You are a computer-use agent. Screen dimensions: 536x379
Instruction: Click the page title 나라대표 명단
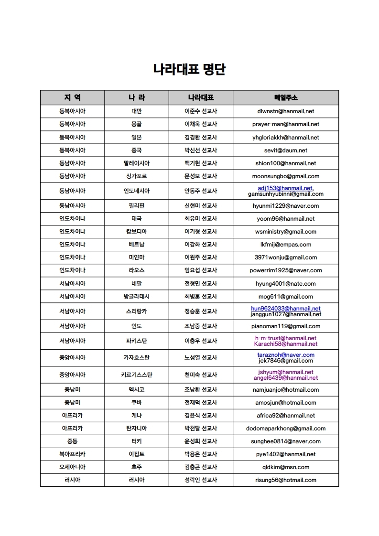(x=189, y=70)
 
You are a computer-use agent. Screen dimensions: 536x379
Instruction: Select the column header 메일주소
(x=286, y=97)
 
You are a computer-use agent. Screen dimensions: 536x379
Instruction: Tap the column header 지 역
(x=72, y=97)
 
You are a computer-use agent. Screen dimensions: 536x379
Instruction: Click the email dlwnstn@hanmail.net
(x=286, y=111)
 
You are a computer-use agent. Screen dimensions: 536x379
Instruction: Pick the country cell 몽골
(x=136, y=124)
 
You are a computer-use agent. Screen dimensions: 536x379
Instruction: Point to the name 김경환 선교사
(x=201, y=137)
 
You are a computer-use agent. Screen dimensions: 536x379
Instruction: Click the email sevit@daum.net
(x=286, y=150)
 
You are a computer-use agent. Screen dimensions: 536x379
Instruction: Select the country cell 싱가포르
(x=136, y=176)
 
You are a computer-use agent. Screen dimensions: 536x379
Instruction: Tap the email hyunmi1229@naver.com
(x=286, y=206)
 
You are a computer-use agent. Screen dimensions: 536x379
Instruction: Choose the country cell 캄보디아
(x=136, y=232)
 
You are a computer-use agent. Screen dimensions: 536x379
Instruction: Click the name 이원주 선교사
(x=201, y=257)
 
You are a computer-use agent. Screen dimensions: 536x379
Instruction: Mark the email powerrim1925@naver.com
(x=286, y=270)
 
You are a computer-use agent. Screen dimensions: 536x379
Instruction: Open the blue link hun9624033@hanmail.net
(x=286, y=309)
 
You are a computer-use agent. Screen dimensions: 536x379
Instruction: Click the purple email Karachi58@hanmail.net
(x=286, y=344)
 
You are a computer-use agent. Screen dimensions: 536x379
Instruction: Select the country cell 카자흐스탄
(x=136, y=358)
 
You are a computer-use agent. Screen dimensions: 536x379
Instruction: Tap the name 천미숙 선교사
(x=201, y=375)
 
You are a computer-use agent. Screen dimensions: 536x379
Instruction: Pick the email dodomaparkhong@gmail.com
(x=286, y=429)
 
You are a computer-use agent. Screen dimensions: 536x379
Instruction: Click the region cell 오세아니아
(x=72, y=467)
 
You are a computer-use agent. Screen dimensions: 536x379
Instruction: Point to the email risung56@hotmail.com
(x=286, y=480)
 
